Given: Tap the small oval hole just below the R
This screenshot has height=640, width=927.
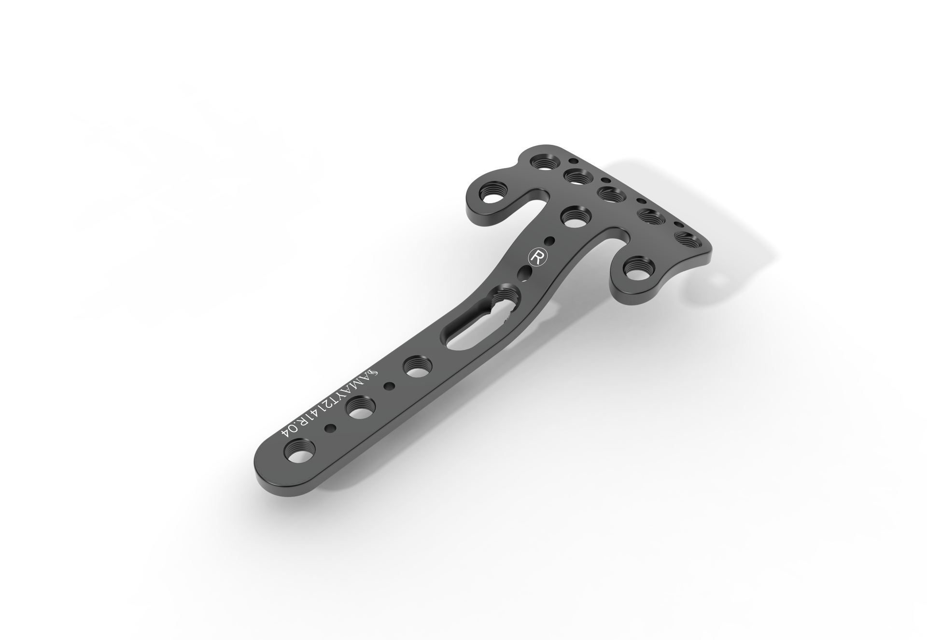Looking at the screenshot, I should pos(523,275).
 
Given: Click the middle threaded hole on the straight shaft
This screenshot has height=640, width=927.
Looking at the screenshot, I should pos(358,408).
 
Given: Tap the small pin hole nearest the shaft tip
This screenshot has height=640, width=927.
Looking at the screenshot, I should pos(331,428).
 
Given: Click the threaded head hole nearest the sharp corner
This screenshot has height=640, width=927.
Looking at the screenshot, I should pos(686,240).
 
